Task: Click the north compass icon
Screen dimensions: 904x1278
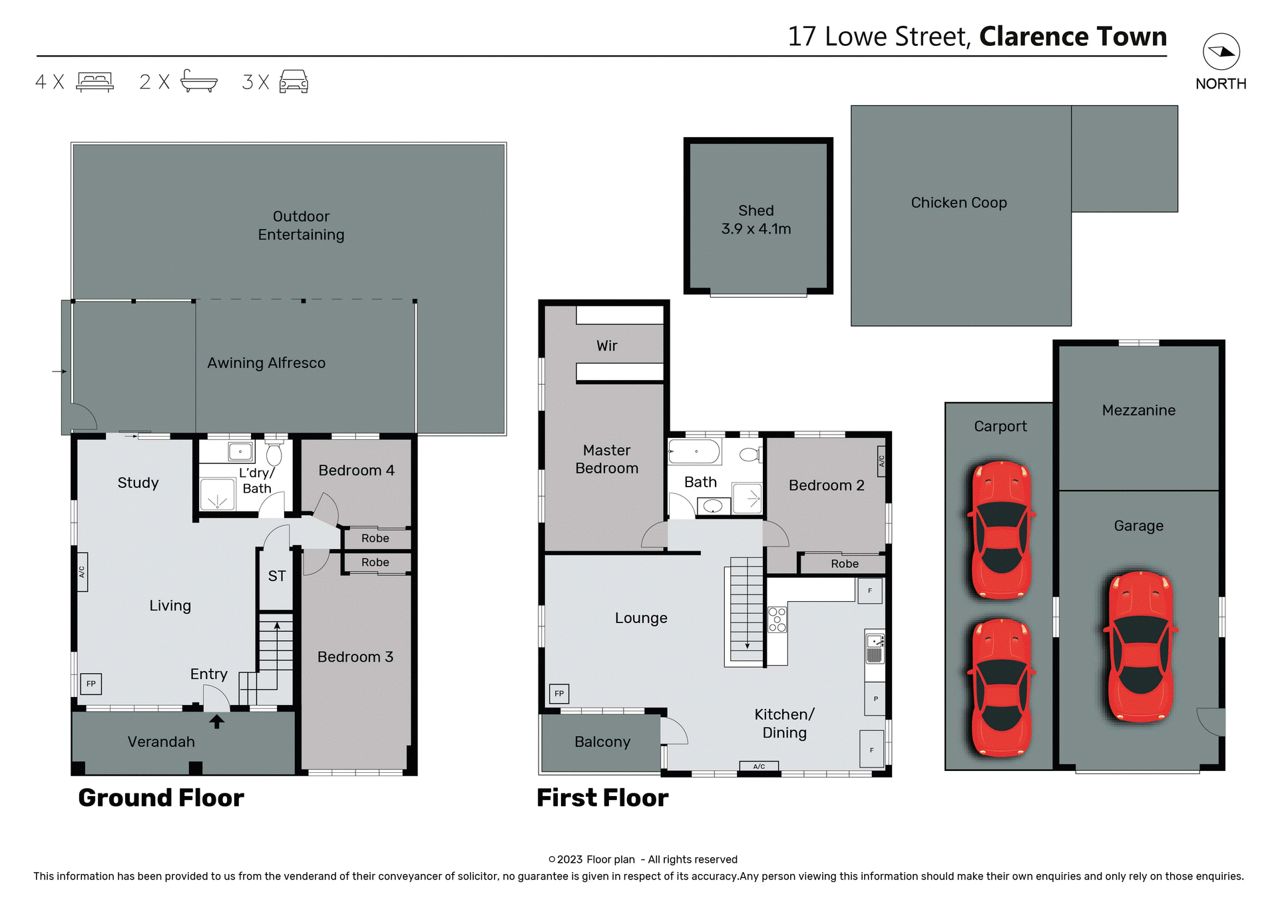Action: pyautogui.click(x=1221, y=52)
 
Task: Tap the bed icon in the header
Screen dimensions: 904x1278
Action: pyautogui.click(x=95, y=82)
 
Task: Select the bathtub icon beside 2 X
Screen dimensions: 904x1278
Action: pyautogui.click(x=198, y=81)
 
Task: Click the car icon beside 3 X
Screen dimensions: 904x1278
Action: pyautogui.click(x=294, y=82)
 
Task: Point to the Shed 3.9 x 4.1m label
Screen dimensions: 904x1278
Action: pyautogui.click(x=756, y=220)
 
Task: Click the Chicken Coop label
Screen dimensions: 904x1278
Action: pyautogui.click(x=958, y=202)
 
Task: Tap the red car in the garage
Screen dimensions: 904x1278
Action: pyautogui.click(x=1140, y=646)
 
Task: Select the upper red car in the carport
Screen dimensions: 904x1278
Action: pyautogui.click(x=1001, y=530)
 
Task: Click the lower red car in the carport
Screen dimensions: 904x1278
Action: pyautogui.click(x=1001, y=687)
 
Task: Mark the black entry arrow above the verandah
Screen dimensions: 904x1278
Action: pyautogui.click(x=217, y=722)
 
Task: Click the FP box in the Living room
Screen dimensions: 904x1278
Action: pyautogui.click(x=91, y=684)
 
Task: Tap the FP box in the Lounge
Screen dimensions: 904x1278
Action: pyautogui.click(x=559, y=694)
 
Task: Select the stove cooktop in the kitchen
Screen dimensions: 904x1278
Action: pyautogui.click(x=777, y=619)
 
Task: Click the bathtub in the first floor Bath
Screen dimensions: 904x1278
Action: pyautogui.click(x=694, y=451)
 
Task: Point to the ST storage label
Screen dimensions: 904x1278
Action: pyautogui.click(x=277, y=576)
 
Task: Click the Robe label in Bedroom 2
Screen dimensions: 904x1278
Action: pyautogui.click(x=845, y=564)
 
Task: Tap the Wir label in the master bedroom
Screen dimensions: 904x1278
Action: pyautogui.click(x=606, y=346)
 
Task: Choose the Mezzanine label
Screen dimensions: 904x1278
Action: pyautogui.click(x=1138, y=410)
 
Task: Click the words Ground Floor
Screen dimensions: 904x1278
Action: pyautogui.click(x=161, y=797)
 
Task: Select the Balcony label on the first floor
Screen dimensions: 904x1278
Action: pyautogui.click(x=602, y=742)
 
